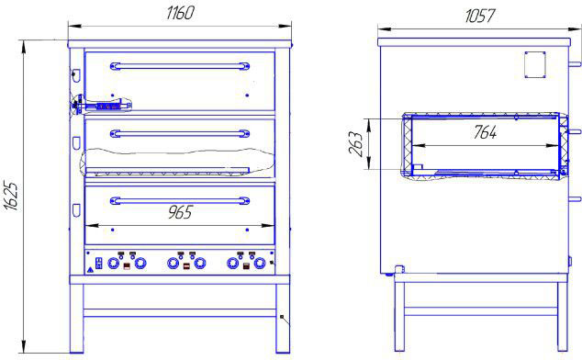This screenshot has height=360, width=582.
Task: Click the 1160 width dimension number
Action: pos(180,13)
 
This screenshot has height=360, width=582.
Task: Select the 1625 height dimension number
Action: pos(12,197)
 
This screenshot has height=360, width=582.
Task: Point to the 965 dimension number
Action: pos(181,212)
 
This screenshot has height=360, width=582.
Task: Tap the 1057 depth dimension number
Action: pos(479,16)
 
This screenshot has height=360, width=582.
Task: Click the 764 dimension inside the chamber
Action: pos(485,132)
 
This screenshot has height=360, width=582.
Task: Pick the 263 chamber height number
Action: pos(355,144)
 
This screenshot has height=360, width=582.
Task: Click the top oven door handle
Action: pos(180,66)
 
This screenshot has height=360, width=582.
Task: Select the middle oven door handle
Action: pos(180,133)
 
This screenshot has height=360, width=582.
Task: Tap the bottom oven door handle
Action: pos(180,200)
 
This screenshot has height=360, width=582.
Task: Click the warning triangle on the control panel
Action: pos(90,271)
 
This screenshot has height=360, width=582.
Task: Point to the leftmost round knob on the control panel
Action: pos(113,264)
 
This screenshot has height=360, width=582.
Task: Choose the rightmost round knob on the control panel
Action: pos(259,264)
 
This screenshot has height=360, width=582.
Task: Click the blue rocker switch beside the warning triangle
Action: pos(99,263)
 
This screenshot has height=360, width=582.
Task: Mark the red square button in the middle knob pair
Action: pos(186,266)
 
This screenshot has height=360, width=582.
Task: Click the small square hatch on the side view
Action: pos(535,64)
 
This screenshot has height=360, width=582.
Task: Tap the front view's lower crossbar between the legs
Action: pos(180,313)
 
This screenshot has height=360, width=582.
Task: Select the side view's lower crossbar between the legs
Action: pos(481,311)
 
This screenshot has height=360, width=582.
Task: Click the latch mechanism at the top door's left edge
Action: pos(101,105)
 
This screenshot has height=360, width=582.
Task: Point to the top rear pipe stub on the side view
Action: pos(575,64)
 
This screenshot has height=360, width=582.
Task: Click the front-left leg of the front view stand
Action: pos(77,319)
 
